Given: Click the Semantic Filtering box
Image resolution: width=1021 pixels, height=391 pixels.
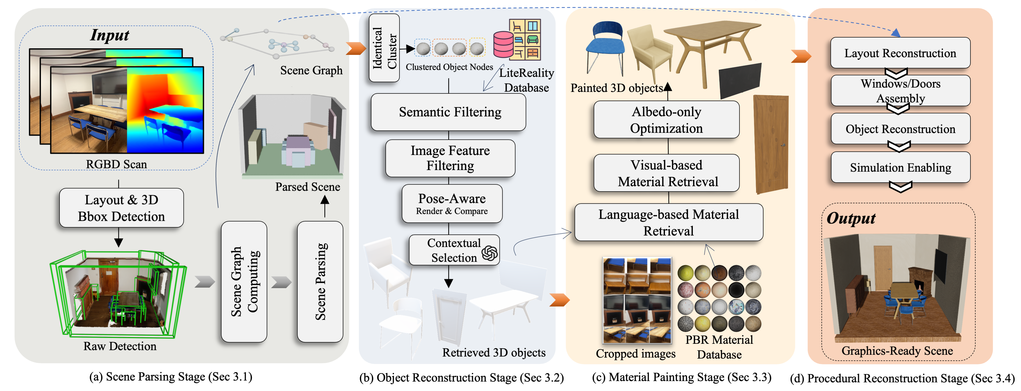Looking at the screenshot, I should (448, 112).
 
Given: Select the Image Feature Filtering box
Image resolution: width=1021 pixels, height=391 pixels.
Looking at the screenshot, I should (450, 158).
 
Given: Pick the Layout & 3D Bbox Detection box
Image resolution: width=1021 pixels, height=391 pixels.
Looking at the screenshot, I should (121, 208).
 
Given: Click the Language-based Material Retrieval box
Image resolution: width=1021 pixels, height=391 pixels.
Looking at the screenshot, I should (669, 222).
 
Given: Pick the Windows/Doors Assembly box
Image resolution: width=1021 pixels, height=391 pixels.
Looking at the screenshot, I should (900, 91).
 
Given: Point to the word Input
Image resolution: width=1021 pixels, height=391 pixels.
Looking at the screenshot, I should (110, 35).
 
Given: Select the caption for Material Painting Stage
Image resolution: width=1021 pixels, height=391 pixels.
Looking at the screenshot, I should (681, 377).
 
